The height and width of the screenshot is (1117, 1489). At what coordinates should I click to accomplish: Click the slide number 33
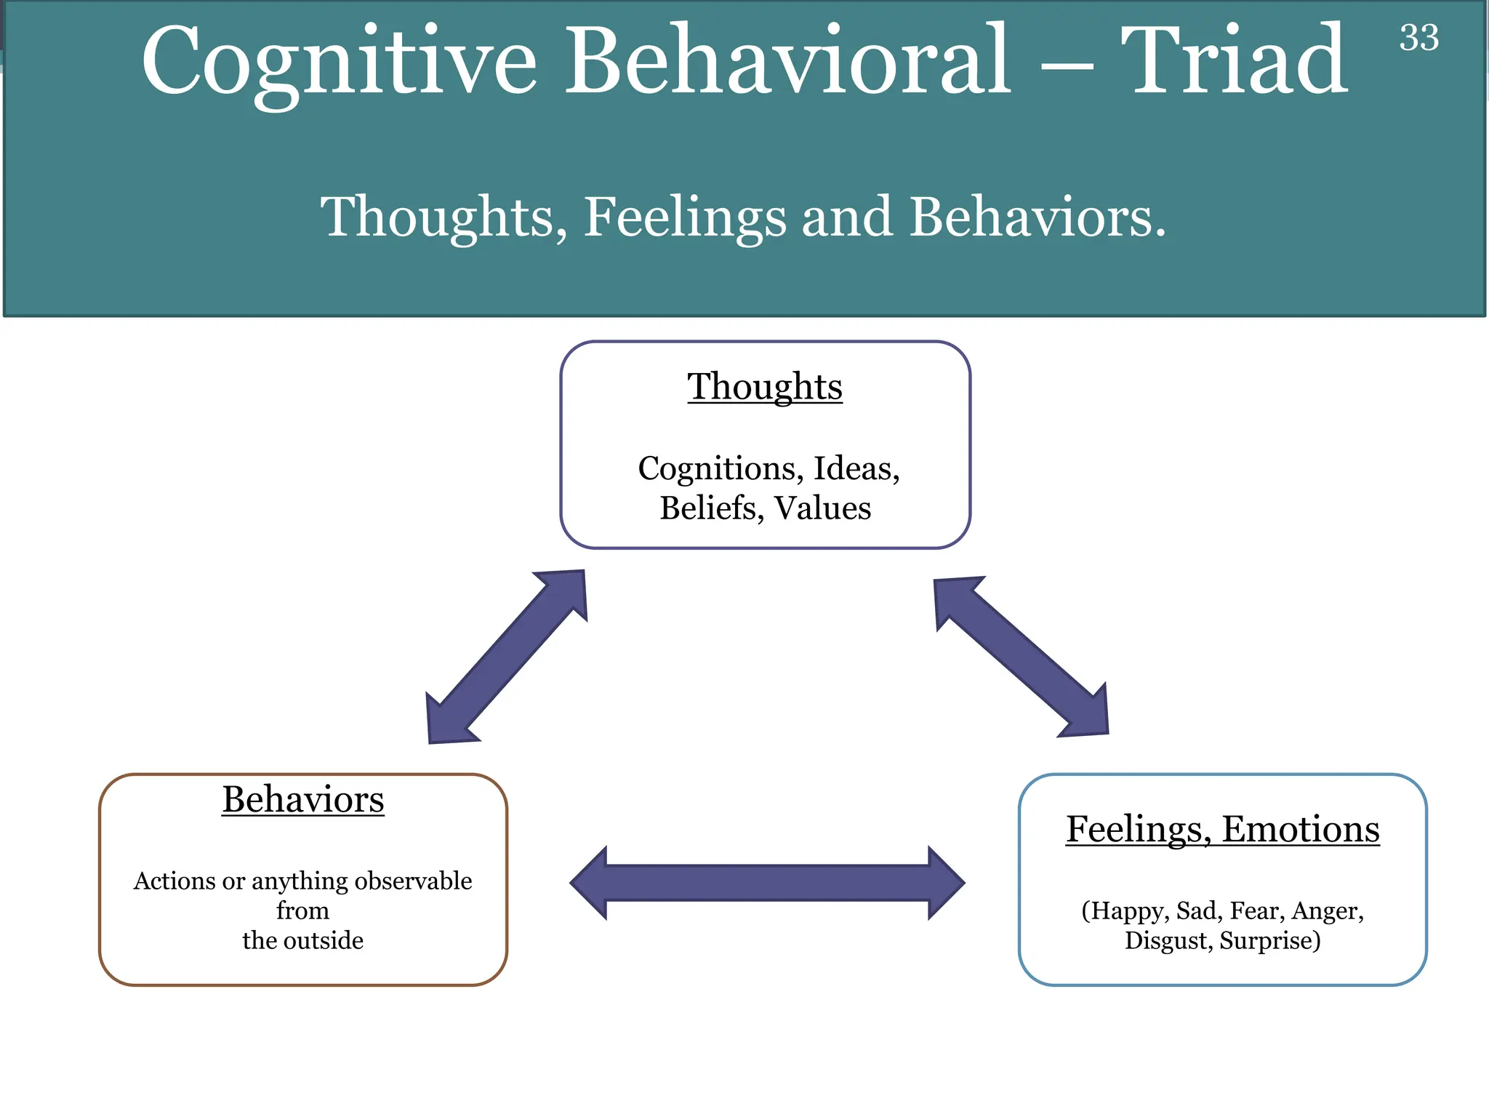click(1418, 38)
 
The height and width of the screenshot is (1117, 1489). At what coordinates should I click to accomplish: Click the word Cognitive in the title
click(339, 61)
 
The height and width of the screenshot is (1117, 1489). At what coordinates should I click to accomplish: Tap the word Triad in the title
click(1233, 61)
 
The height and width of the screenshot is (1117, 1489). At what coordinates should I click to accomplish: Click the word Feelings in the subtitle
click(685, 217)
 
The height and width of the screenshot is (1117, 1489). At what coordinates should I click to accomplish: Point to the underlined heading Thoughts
click(765, 386)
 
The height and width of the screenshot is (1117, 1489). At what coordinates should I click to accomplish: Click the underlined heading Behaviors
click(302, 800)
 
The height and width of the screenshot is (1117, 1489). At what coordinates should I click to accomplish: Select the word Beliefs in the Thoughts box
click(711, 508)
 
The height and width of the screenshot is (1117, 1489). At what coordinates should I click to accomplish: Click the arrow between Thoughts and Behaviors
click(507, 657)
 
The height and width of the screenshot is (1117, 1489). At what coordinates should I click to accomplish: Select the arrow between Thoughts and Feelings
click(1021, 657)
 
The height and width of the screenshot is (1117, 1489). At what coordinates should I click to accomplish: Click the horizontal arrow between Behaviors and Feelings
click(767, 883)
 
